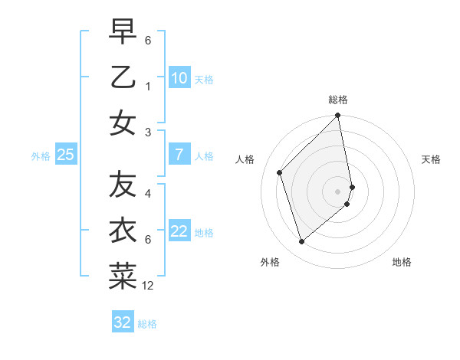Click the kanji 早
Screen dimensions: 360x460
click(123, 31)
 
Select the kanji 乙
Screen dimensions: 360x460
click(123, 77)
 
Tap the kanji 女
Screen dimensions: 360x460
click(123, 123)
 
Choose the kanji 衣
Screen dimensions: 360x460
click(123, 231)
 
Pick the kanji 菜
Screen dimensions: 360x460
click(123, 277)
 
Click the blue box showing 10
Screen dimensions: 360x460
click(179, 78)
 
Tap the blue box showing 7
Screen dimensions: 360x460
click(179, 155)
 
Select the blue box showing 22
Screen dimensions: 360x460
click(179, 232)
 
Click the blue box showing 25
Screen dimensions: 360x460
click(66, 155)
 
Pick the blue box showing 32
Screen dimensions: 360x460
click(123, 322)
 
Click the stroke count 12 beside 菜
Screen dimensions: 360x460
click(148, 286)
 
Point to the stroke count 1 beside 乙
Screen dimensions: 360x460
click(148, 87)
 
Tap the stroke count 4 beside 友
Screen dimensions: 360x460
click(148, 194)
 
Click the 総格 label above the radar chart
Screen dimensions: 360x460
click(338, 100)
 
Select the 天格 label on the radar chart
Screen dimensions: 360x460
click(431, 159)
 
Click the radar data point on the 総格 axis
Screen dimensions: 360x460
click(338, 116)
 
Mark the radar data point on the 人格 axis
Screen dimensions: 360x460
click(280, 172)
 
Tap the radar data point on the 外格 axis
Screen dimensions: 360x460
click(302, 242)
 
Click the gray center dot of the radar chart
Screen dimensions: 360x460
click(338, 191)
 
